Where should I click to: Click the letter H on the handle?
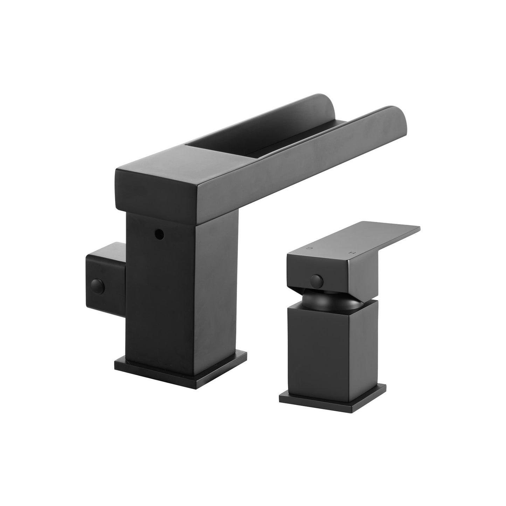pyautogui.click(x=348, y=252)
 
